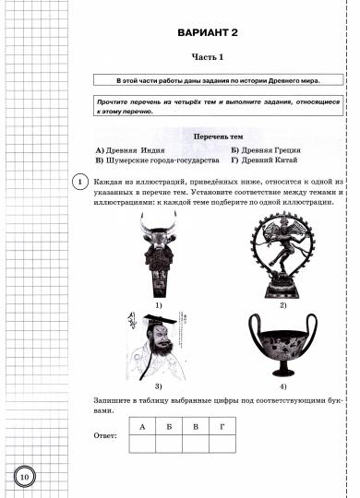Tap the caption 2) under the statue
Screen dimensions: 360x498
[282, 304]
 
